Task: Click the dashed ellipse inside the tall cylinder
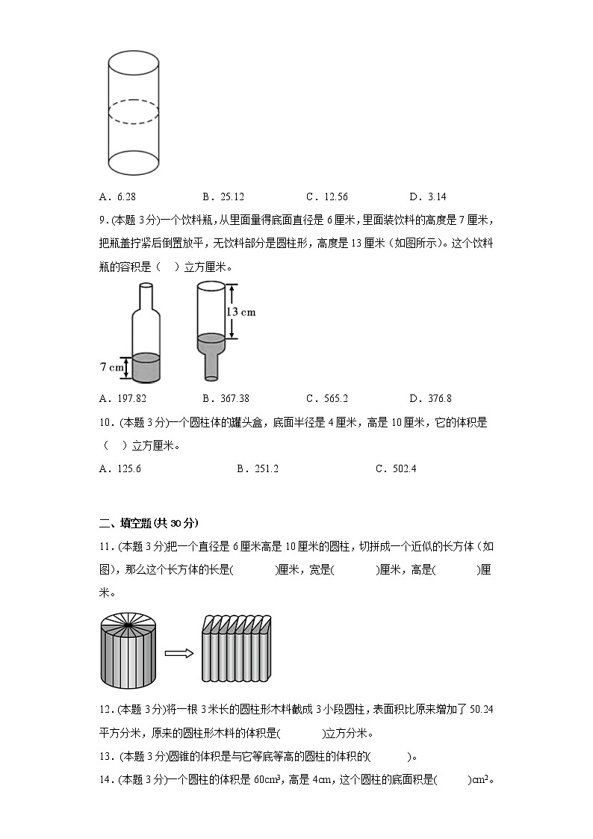pyautogui.click(x=134, y=113)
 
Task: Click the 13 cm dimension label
pyautogui.click(x=241, y=312)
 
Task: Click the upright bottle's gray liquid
pyautogui.click(x=146, y=367)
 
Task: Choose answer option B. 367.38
pyautogui.click(x=225, y=399)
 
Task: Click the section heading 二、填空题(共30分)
pyautogui.click(x=149, y=522)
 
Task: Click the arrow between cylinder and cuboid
pyautogui.click(x=179, y=654)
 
